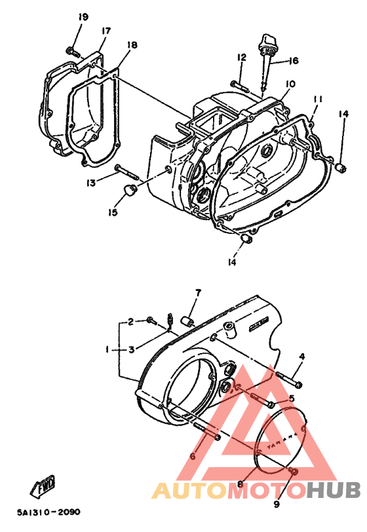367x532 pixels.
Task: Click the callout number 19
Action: point(82,16)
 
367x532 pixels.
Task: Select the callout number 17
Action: point(106,31)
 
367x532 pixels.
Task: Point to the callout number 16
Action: point(292,60)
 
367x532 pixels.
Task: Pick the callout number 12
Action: point(241,58)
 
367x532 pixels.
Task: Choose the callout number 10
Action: point(290,84)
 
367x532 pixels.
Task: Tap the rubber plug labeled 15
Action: point(126,191)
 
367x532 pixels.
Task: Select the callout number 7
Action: point(197,292)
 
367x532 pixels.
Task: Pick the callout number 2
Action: point(131,321)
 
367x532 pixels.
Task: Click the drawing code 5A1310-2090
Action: point(45,512)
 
